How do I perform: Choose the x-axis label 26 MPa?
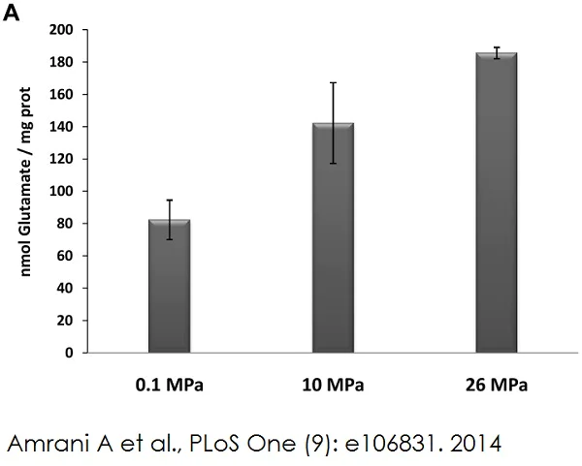click(x=496, y=386)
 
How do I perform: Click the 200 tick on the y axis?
click(x=63, y=30)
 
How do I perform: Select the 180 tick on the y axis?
click(x=63, y=62)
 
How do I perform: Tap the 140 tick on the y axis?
click(x=63, y=127)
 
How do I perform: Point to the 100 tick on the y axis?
click(x=63, y=192)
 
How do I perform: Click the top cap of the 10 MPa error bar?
click(x=333, y=82)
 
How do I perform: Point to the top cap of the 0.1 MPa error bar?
click(x=169, y=200)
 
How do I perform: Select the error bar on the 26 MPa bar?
click(x=496, y=52)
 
